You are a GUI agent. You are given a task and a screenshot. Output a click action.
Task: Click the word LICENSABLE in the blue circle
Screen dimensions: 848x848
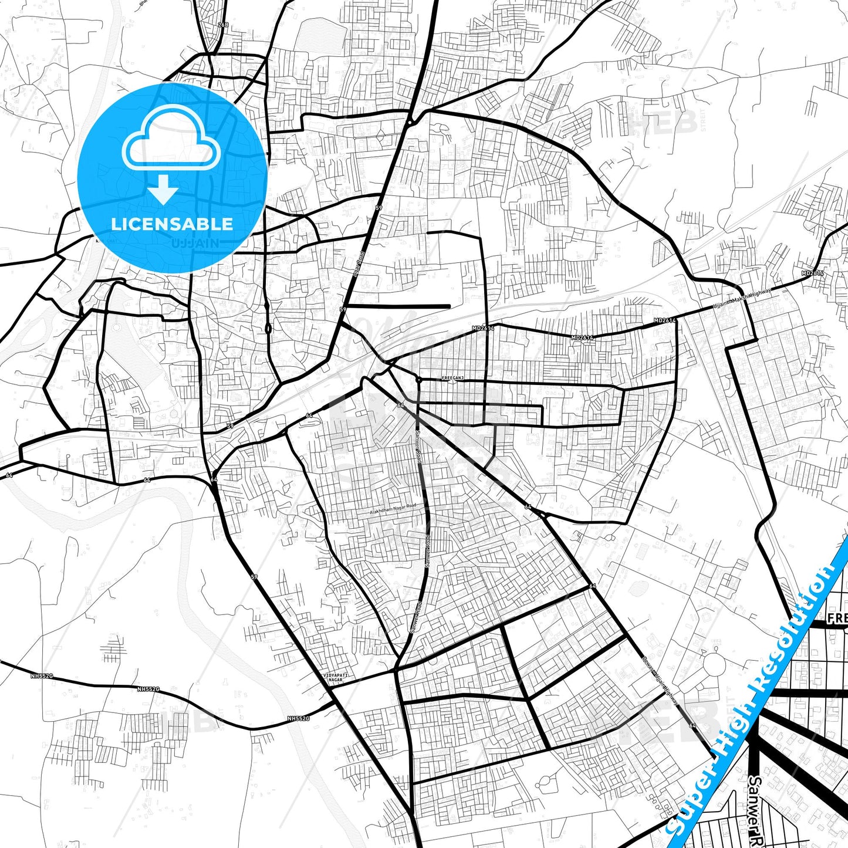[x=172, y=224]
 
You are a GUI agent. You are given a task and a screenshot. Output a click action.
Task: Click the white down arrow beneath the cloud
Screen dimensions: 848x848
[x=163, y=190]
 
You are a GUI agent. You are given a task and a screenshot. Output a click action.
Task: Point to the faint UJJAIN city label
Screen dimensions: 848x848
[x=196, y=242]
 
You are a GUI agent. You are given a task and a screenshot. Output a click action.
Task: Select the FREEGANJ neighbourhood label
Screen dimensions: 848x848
[x=452, y=379]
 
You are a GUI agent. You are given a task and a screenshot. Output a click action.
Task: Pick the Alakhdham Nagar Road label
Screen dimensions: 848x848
[x=393, y=509]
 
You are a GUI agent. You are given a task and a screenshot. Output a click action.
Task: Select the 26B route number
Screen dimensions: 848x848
[x=222, y=25]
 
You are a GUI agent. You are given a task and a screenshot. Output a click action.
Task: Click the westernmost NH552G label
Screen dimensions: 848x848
[x=42, y=676]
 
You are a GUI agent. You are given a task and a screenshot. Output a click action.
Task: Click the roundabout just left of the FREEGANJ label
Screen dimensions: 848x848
[x=418, y=380]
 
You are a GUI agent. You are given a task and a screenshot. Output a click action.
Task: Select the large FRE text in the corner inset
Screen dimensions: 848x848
[x=837, y=618]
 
